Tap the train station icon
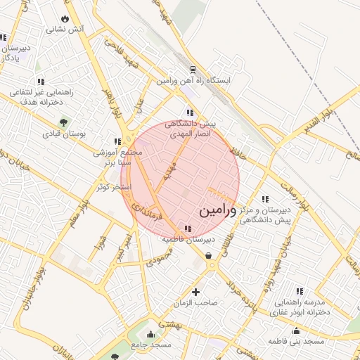[x=192, y=70]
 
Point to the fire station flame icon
[x=65, y=18]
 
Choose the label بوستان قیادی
[x=64, y=134]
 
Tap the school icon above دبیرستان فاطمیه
[x=187, y=229]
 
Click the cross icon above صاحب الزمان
[x=195, y=292]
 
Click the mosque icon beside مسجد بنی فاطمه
[x=296, y=330]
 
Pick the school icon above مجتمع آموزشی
[x=117, y=141]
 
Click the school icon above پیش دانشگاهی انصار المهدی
[x=189, y=112]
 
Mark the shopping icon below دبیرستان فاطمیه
[x=209, y=256]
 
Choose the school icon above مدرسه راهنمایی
[x=299, y=290]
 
